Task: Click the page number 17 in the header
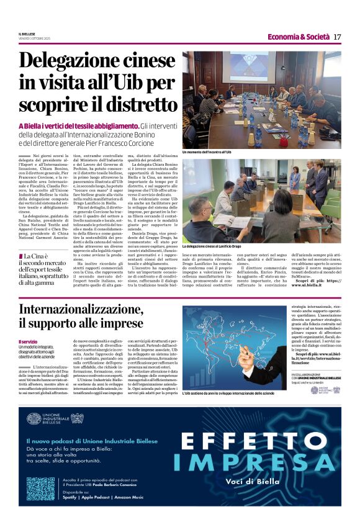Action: tap(337, 37)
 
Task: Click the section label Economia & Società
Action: tap(299, 37)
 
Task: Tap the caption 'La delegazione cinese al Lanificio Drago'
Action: tap(220, 246)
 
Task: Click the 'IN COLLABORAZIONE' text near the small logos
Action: tap(308, 376)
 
